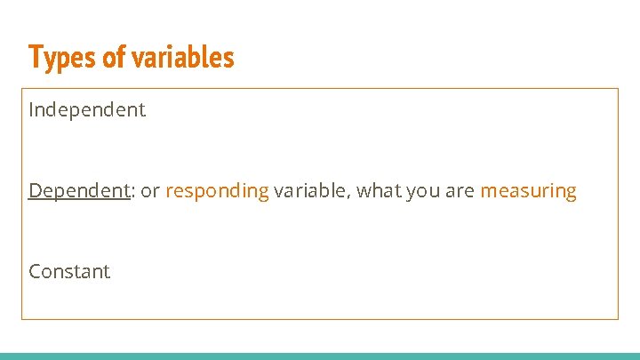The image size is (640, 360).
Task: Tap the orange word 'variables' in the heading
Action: point(183,57)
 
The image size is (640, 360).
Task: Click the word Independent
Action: point(87,110)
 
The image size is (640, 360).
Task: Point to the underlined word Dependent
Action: point(80,190)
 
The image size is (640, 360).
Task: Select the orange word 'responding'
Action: point(217,190)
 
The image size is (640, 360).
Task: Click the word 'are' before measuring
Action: point(460,190)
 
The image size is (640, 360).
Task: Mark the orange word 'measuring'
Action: point(528,190)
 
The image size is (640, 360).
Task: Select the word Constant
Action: point(69,271)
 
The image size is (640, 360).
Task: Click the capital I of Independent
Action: point(32,110)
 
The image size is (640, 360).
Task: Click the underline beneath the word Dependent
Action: point(80,201)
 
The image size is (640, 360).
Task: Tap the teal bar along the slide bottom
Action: point(320,356)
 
